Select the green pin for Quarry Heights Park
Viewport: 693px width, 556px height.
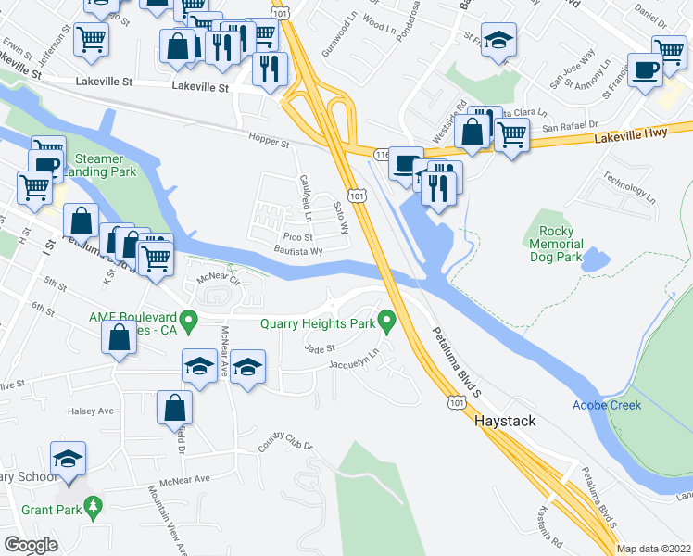(389, 322)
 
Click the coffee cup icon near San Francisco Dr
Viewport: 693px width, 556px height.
(645, 69)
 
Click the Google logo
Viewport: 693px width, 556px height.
(31, 545)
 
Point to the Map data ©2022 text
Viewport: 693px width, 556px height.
(654, 549)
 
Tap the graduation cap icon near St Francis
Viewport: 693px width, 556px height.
(499, 42)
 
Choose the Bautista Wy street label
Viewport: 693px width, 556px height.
(297, 251)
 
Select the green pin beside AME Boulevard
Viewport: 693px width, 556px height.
(189, 322)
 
